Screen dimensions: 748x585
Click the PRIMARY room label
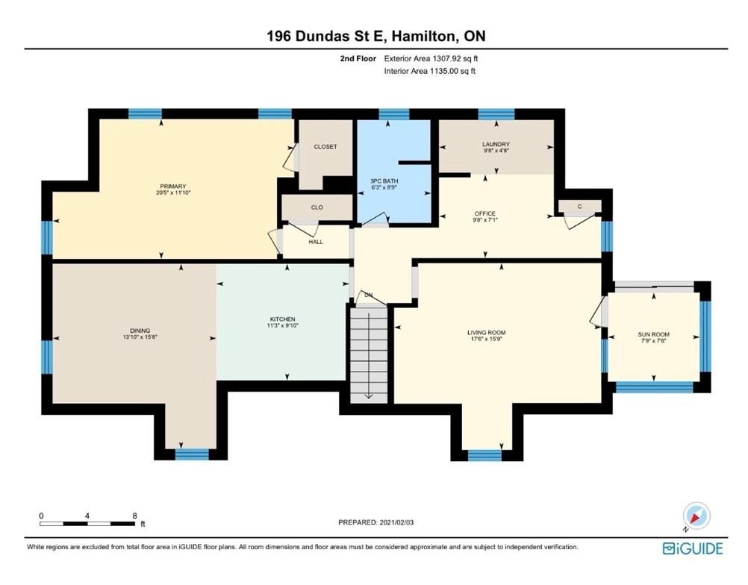pyautogui.click(x=172, y=187)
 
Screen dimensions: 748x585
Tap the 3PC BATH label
pyautogui.click(x=384, y=181)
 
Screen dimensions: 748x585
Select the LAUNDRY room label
pyautogui.click(x=496, y=144)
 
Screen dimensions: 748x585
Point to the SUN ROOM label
pyautogui.click(x=653, y=335)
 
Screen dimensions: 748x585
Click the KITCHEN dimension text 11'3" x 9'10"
pyautogui.click(x=283, y=325)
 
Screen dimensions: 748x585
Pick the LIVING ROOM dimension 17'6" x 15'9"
pyautogui.click(x=487, y=339)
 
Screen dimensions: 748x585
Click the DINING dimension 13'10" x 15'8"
pyautogui.click(x=140, y=337)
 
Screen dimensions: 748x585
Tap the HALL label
pyautogui.click(x=316, y=242)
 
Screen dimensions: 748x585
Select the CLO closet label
pyautogui.click(x=317, y=207)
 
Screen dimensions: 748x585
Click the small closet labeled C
pyautogui.click(x=579, y=207)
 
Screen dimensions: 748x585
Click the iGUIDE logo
pyautogui.click(x=693, y=548)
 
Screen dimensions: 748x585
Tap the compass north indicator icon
pyautogui.click(x=696, y=516)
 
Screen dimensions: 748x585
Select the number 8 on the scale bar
pyautogui.click(x=135, y=516)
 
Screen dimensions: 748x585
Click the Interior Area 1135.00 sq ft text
pyautogui.click(x=430, y=71)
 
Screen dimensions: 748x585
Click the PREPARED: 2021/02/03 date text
pyautogui.click(x=376, y=522)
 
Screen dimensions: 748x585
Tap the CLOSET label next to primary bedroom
pyautogui.click(x=325, y=147)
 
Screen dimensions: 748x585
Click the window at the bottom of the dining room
pyautogui.click(x=192, y=454)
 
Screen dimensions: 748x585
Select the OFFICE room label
pyautogui.click(x=485, y=213)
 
